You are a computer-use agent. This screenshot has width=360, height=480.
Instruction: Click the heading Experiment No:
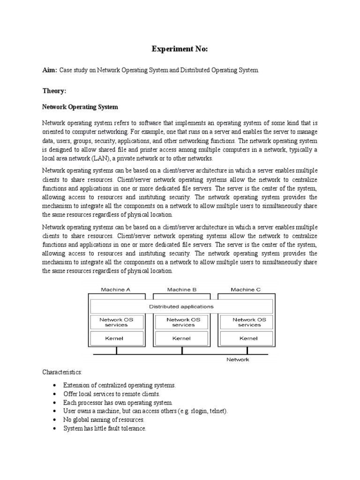coord(180,49)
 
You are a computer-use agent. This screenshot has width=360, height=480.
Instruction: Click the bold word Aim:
coord(49,70)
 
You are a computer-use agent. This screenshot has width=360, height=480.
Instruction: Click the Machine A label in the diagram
coord(116,290)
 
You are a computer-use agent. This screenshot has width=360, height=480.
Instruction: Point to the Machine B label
coord(182,290)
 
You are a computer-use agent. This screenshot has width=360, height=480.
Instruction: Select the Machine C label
coord(246,290)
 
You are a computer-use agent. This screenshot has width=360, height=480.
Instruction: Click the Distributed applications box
coord(181,307)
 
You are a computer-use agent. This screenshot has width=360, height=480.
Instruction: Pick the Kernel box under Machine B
coord(181,337)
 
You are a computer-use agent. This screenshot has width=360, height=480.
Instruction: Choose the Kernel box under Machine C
coord(249,337)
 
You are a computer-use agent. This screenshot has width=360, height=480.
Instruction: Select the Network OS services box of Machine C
coord(249,322)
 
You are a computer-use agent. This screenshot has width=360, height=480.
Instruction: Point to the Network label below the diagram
coord(238,360)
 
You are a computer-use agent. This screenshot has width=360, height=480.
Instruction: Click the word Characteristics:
coord(62,372)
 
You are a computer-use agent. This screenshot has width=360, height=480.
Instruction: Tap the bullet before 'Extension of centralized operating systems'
coord(55,385)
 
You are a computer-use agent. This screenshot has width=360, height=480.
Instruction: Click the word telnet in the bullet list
coord(217,411)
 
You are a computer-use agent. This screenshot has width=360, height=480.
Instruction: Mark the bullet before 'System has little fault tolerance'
coord(55,428)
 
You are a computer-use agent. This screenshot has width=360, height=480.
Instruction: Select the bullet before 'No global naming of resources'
coord(55,420)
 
